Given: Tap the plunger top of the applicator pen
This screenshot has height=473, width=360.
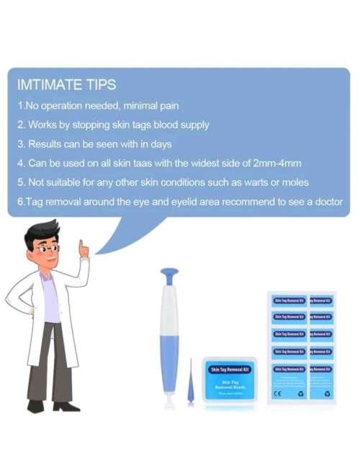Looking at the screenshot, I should tap(170, 275).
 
